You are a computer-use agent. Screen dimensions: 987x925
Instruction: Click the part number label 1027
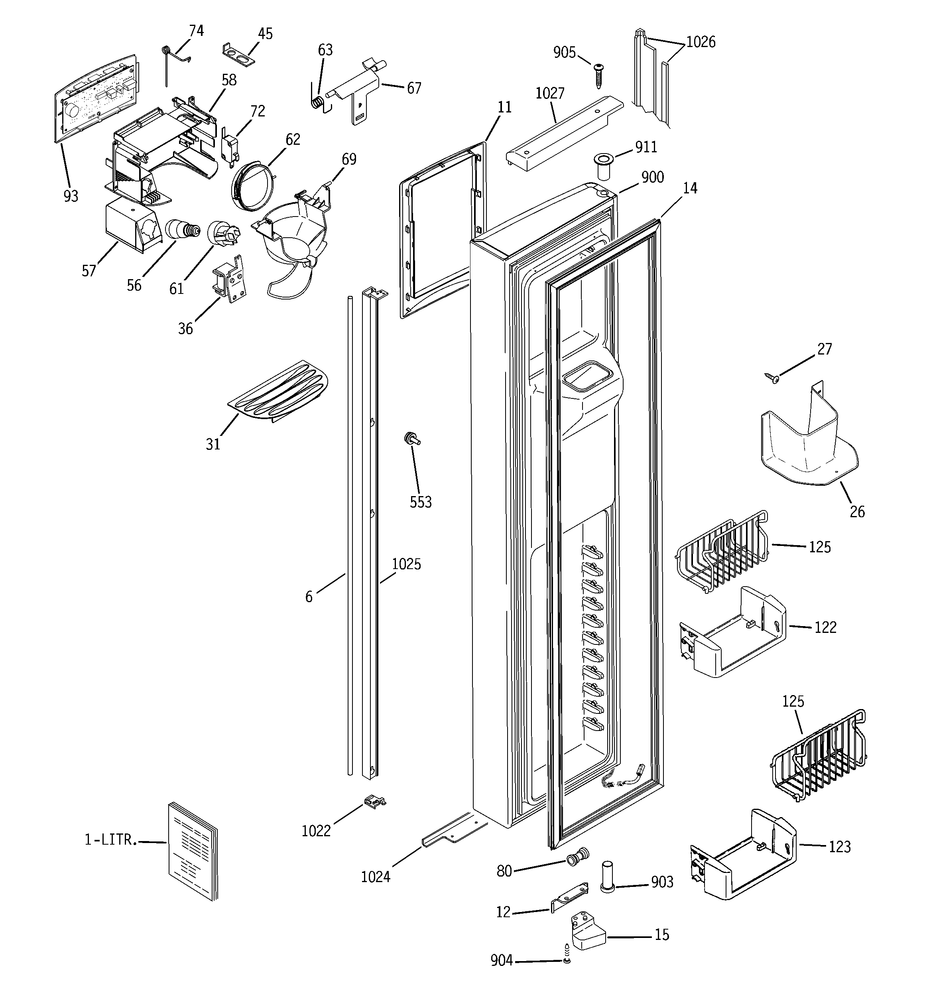coord(550,93)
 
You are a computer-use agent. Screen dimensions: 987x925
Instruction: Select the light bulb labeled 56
coord(182,229)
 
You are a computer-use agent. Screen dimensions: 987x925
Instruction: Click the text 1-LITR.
coord(110,839)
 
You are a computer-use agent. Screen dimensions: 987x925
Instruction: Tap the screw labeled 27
coord(771,379)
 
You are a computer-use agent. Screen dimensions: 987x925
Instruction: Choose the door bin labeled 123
coord(743,855)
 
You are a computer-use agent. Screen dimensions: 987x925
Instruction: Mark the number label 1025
coord(406,564)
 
